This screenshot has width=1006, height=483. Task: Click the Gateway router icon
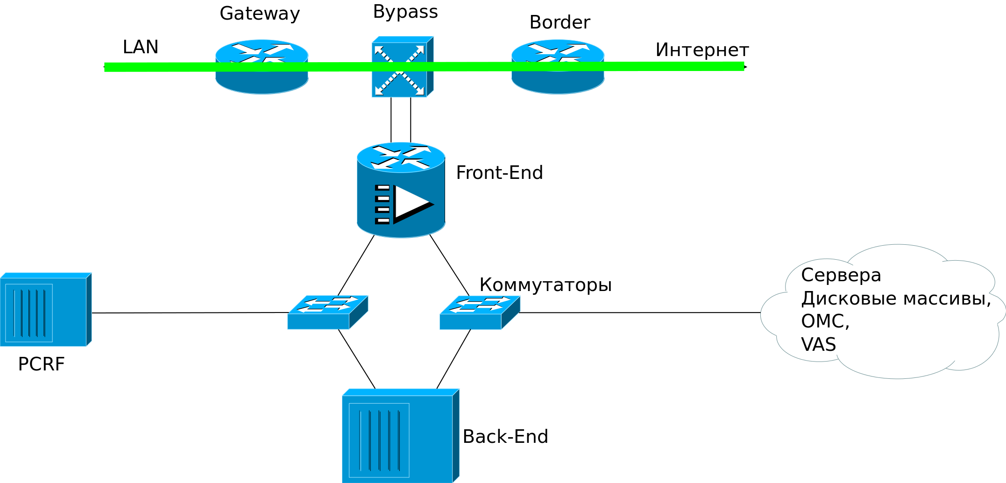tap(262, 67)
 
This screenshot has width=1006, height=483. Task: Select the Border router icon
tap(558, 67)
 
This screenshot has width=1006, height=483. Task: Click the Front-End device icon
tap(401, 190)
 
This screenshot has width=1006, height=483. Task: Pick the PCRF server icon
tap(45, 310)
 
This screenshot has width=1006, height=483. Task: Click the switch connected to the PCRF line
tap(327, 312)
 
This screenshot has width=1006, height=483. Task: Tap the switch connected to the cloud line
tap(479, 312)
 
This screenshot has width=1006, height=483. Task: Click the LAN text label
tap(140, 47)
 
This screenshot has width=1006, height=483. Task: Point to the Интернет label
tap(701, 50)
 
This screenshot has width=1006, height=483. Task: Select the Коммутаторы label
tap(545, 285)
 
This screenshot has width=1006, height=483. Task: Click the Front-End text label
tap(499, 173)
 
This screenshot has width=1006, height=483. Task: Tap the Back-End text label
tap(505, 437)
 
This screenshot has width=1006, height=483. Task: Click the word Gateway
tap(260, 14)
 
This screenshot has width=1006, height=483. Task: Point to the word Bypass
tap(405, 12)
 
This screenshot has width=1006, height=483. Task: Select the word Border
tap(560, 22)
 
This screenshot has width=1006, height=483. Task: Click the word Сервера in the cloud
tap(841, 275)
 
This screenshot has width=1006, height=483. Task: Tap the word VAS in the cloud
tap(818, 345)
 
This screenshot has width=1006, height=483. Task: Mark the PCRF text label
tap(41, 364)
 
